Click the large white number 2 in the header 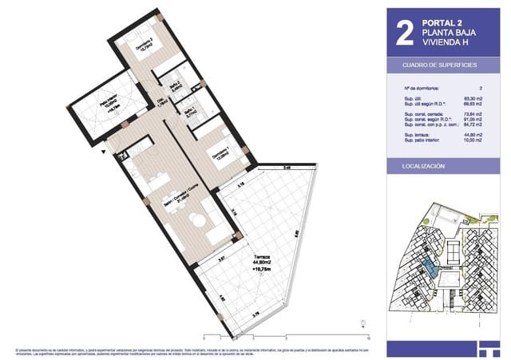click(405, 32)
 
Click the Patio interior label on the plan click(109, 104)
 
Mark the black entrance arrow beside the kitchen click(103, 156)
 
